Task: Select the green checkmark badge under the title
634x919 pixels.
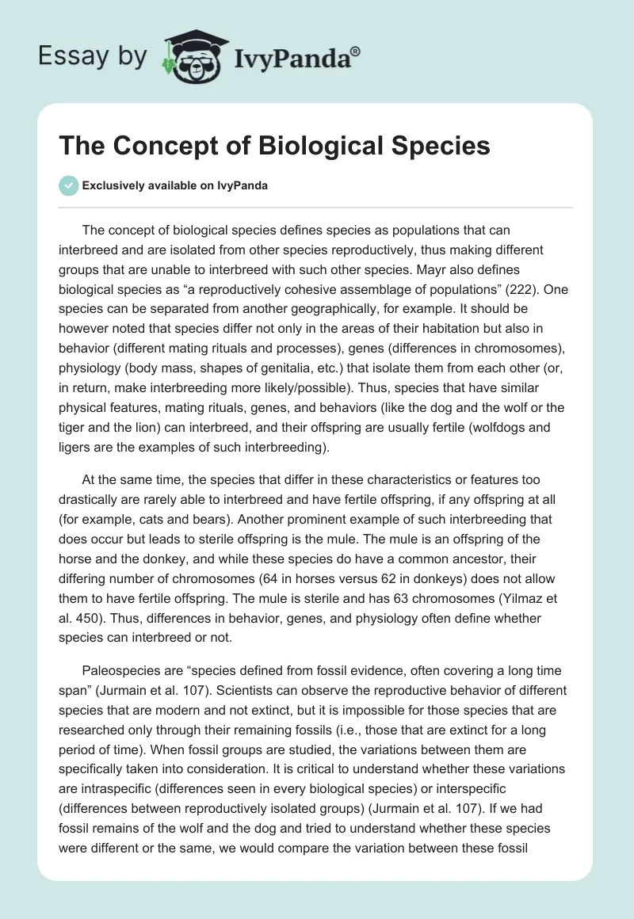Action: click(x=68, y=185)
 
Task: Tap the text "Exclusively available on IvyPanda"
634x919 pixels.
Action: click(x=174, y=185)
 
